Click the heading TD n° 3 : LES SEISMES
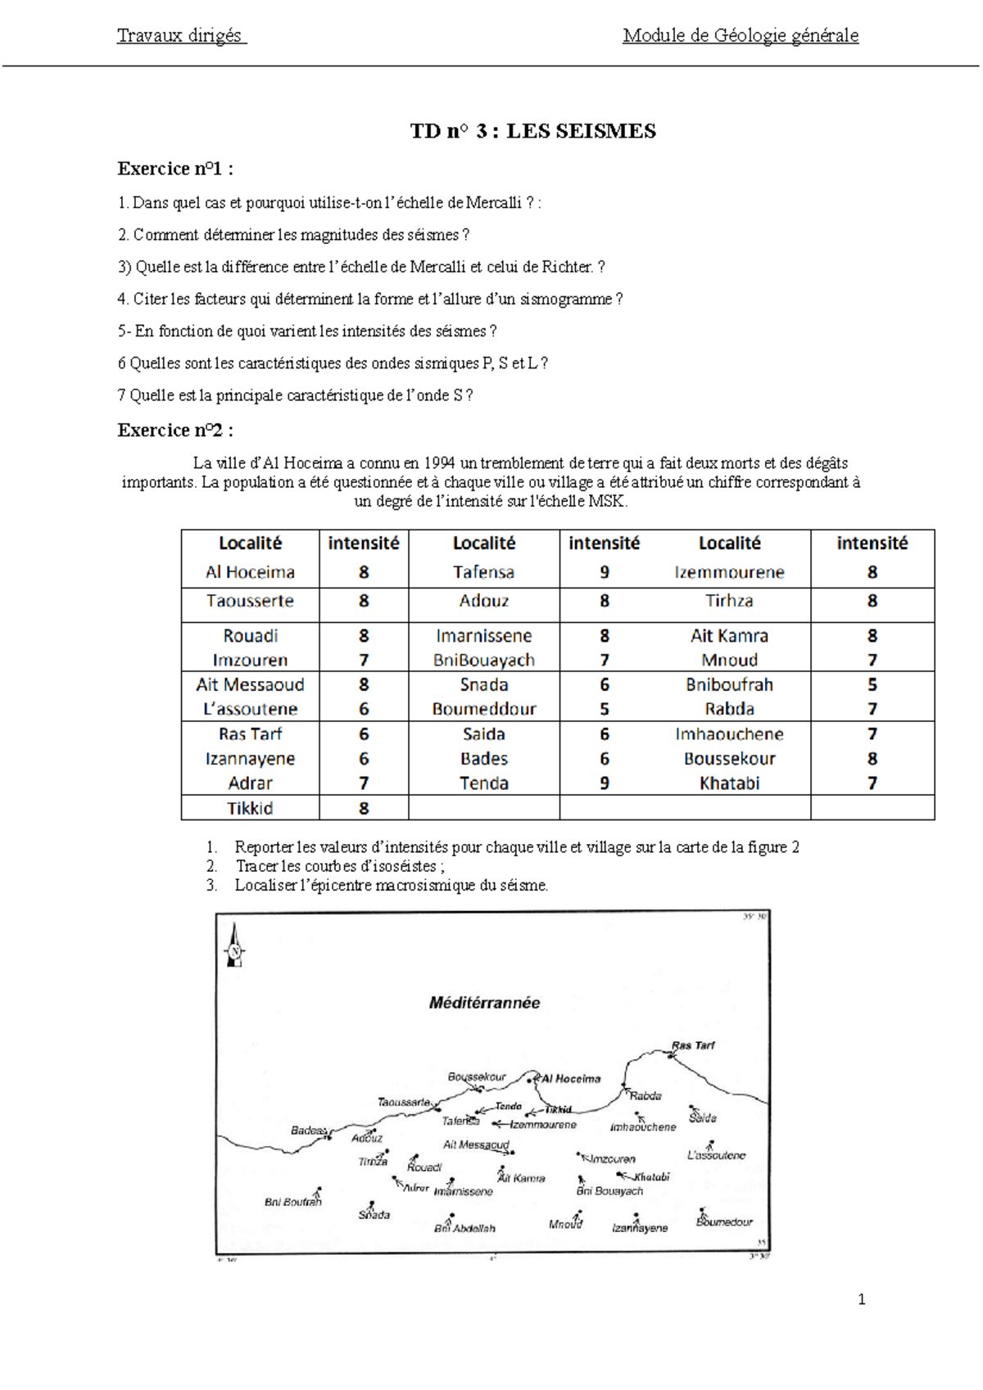(532, 131)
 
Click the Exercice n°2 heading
(175, 431)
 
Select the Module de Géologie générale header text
(740, 35)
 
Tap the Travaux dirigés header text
(180, 35)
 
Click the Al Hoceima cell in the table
(250, 572)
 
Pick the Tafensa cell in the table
(483, 572)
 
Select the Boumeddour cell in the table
(483, 709)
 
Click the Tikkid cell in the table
(250, 808)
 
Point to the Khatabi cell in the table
(729, 783)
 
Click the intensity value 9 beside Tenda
(604, 783)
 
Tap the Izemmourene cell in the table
(729, 572)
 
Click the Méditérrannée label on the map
(484, 1003)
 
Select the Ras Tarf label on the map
(693, 1045)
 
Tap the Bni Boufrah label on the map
(292, 1202)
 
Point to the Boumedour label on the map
(724, 1221)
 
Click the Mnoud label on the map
(565, 1224)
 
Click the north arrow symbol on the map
(235, 946)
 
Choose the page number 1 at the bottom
(861, 1299)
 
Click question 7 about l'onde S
(295, 395)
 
